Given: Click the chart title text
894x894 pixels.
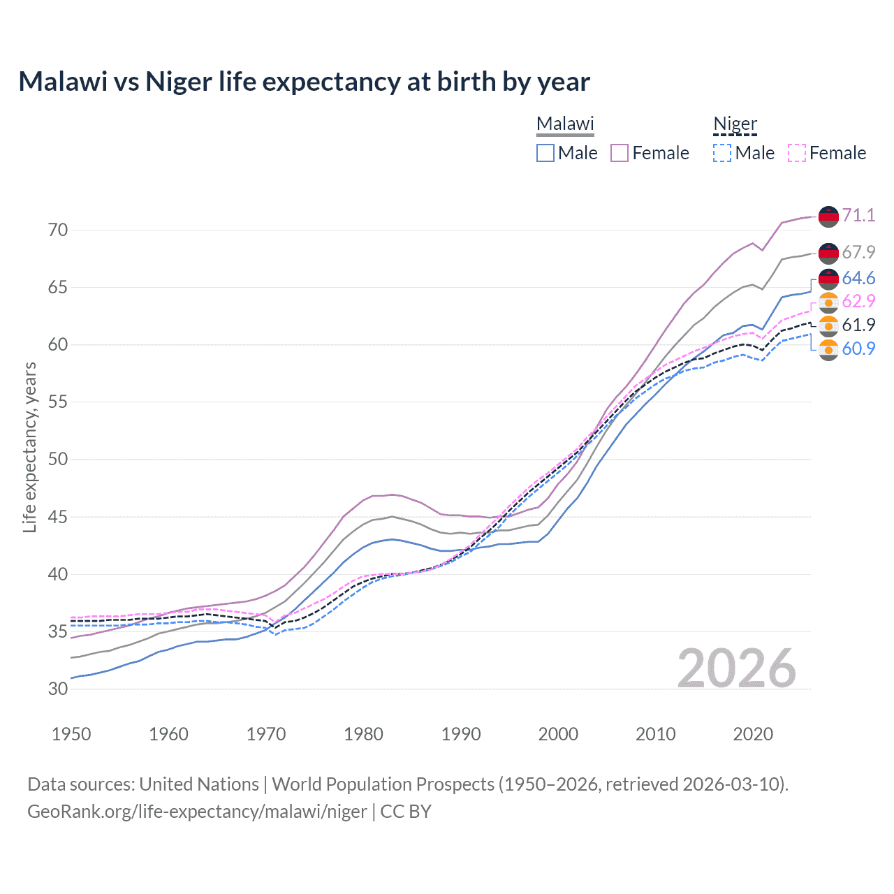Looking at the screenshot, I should point(304,82).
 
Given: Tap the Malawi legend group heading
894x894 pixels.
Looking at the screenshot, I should point(564,124).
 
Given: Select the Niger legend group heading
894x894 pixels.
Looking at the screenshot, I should point(735,124).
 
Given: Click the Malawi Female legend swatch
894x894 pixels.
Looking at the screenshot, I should point(620,153).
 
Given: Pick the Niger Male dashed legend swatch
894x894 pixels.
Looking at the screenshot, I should point(722,153).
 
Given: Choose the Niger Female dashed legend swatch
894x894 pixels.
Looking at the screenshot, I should point(797,153).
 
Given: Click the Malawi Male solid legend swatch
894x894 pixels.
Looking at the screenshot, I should point(545,153).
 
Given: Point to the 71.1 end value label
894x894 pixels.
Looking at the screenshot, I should point(858,215).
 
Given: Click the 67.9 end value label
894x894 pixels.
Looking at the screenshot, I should point(858,252).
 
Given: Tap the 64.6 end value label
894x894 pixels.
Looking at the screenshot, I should point(858,279).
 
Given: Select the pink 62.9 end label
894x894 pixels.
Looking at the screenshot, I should point(858,301).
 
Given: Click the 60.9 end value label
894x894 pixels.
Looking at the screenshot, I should point(858,349).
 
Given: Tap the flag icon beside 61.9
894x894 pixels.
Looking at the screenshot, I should point(828,325).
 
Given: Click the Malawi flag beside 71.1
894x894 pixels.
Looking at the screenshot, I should point(828,216).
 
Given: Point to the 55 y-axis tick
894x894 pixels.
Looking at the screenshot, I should point(58,402).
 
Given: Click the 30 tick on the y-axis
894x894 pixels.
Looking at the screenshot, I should point(58,689).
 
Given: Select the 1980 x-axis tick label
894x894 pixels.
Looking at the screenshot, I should point(363,734).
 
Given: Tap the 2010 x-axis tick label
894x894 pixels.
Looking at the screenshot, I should point(655,734).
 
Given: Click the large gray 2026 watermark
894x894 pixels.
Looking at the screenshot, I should point(736,668).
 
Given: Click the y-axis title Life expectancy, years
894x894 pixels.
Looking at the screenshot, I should point(30,447).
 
